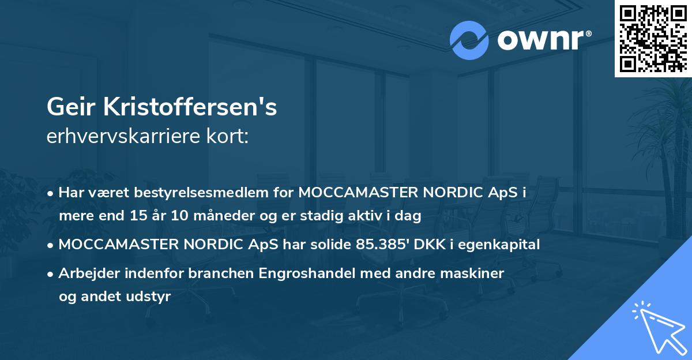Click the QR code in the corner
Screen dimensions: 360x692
point(653,39)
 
